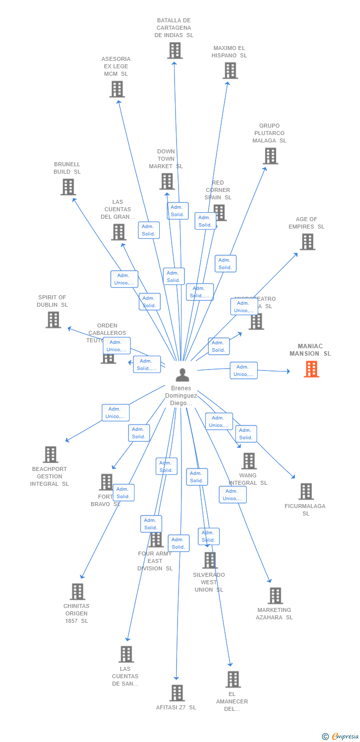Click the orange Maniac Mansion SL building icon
[312, 369]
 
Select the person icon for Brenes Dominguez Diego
[182, 375]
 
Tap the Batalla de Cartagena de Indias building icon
[175, 50]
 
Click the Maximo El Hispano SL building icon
[230, 71]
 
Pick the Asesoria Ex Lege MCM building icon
[117, 89]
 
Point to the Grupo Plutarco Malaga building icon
[270, 156]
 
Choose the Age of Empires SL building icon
[307, 242]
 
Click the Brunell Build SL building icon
[68, 187]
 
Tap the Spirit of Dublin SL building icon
[53, 320]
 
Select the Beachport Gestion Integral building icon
[50, 455]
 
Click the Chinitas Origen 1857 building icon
[77, 592]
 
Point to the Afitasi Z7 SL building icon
[177, 693]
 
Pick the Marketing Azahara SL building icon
[275, 596]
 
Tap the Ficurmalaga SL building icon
[306, 492]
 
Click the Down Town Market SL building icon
[167, 182]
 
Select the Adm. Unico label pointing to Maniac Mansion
[243, 371]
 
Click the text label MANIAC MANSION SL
[310, 350]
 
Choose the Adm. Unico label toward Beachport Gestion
[115, 413]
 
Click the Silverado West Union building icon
[210, 560]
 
